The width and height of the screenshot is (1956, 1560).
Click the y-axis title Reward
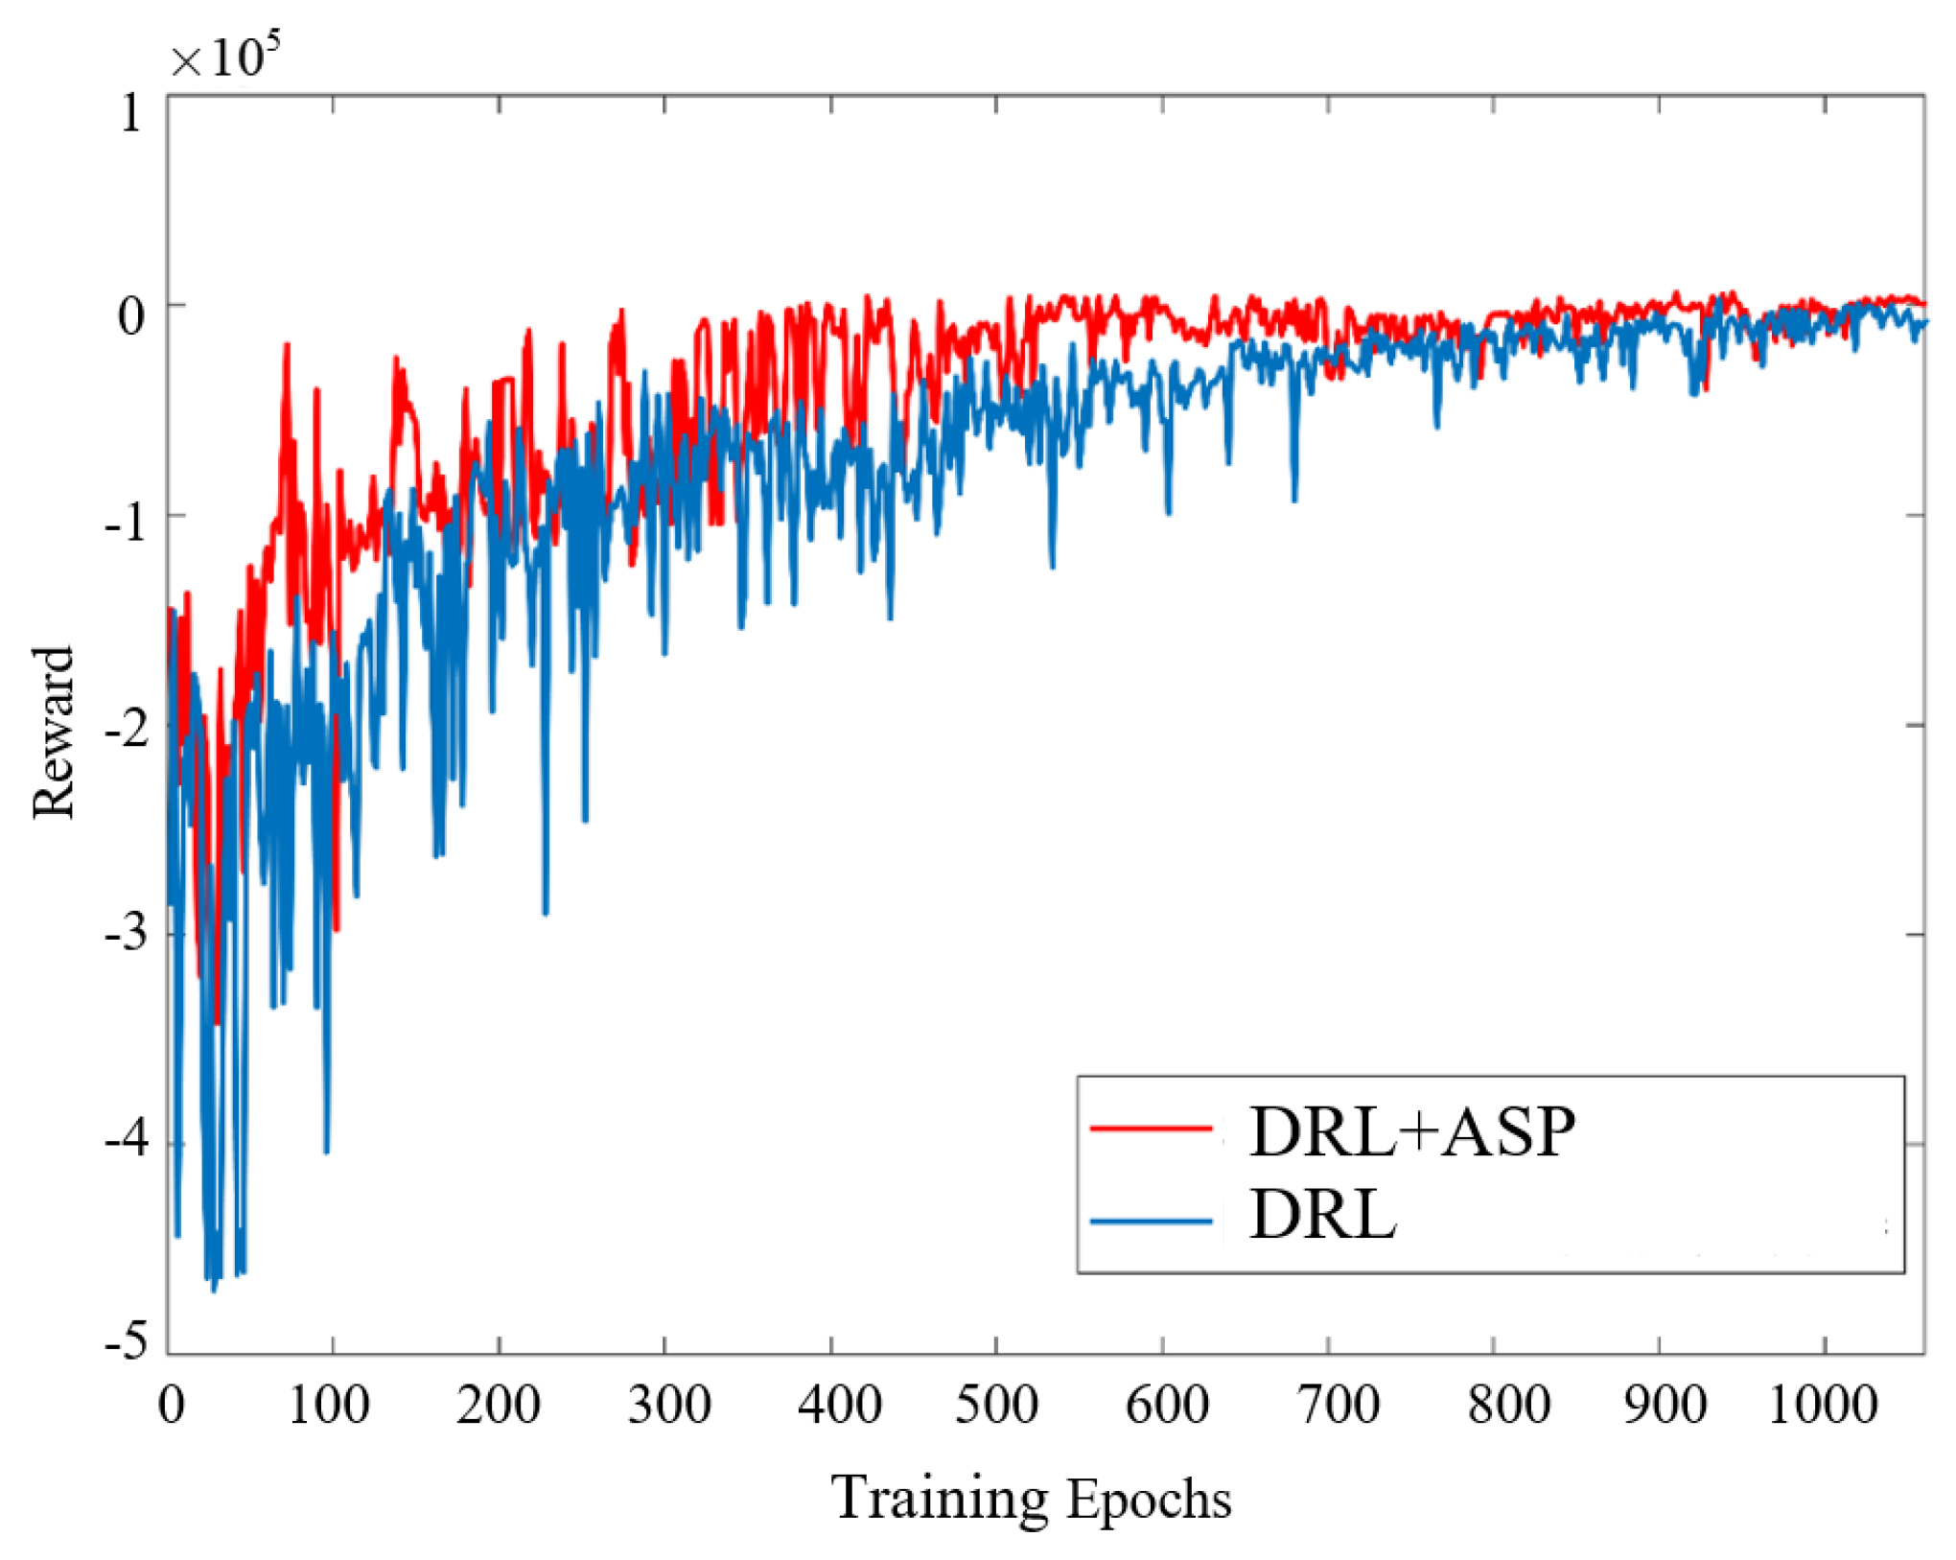pyautogui.click(x=54, y=733)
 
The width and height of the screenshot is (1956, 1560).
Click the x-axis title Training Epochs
pyautogui.click(x=1031, y=1498)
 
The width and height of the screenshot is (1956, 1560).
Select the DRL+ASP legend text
pyautogui.click(x=1411, y=1131)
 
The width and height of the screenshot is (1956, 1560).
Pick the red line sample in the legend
pyautogui.click(x=1152, y=1129)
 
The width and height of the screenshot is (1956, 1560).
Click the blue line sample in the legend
pyautogui.click(x=1152, y=1221)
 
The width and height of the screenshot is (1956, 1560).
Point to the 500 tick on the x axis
pyautogui.click(x=997, y=1405)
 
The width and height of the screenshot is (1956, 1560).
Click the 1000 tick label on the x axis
pyautogui.click(x=1823, y=1405)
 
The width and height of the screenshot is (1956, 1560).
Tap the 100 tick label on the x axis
pyautogui.click(x=329, y=1405)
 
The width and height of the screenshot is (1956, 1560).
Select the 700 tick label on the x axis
pyautogui.click(x=1338, y=1405)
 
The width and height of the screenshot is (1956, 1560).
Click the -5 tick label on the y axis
pyautogui.click(x=127, y=1340)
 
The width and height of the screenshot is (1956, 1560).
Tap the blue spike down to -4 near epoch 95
pyautogui.click(x=326, y=1150)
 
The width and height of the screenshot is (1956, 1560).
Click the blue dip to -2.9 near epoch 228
pyautogui.click(x=546, y=912)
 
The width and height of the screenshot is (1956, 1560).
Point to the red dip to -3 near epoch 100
pyautogui.click(x=337, y=928)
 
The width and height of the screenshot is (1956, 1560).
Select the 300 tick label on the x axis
pyautogui.click(x=669, y=1405)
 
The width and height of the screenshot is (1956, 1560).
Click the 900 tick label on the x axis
pyautogui.click(x=1665, y=1405)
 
